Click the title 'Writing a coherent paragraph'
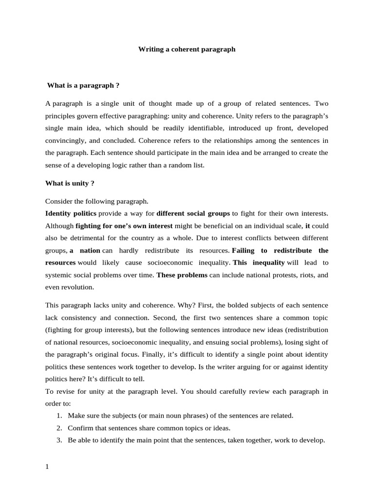coord(187,49)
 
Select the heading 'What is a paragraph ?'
coord(83,85)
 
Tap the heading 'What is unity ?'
coord(70,183)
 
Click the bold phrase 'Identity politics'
coord(71,213)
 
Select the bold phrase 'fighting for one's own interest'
coord(124,226)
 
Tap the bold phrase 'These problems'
coord(182,275)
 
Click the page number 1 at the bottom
coord(47,466)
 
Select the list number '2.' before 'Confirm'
coord(58,428)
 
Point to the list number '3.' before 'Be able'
coord(58,440)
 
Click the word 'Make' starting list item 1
coord(76,416)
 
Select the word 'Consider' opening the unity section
coord(59,201)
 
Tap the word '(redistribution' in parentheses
coord(304,329)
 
